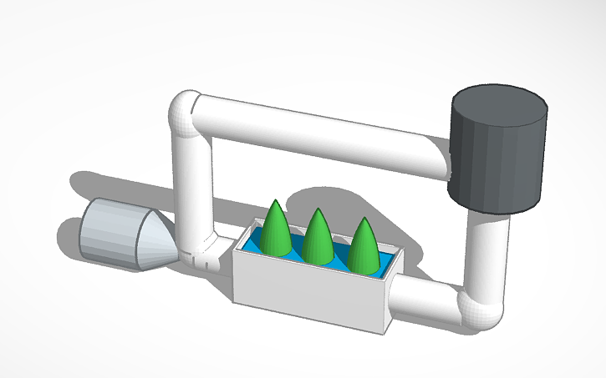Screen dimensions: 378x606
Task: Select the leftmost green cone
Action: pyautogui.click(x=277, y=229)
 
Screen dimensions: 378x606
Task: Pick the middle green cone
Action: pyautogui.click(x=318, y=237)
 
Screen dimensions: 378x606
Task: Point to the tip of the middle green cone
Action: pyautogui.click(x=317, y=209)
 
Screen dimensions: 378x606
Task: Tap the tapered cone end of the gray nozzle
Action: pyautogui.click(x=156, y=243)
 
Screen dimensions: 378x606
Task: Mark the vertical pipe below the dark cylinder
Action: pyautogui.click(x=489, y=250)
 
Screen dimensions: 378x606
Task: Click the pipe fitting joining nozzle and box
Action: pyautogui.click(x=201, y=249)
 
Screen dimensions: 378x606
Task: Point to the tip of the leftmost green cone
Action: pyautogui.click(x=275, y=202)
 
